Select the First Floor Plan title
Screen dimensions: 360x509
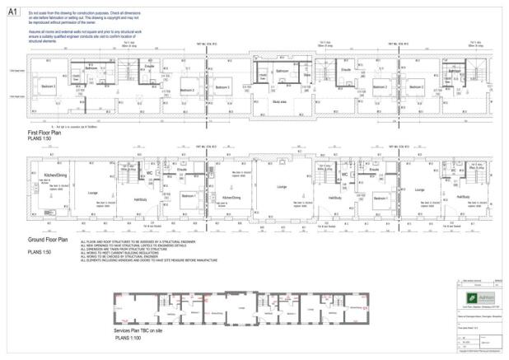coord(44,133)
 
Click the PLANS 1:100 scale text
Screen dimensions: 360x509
coord(131,337)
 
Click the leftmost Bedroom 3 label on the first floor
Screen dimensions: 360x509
coord(49,86)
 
